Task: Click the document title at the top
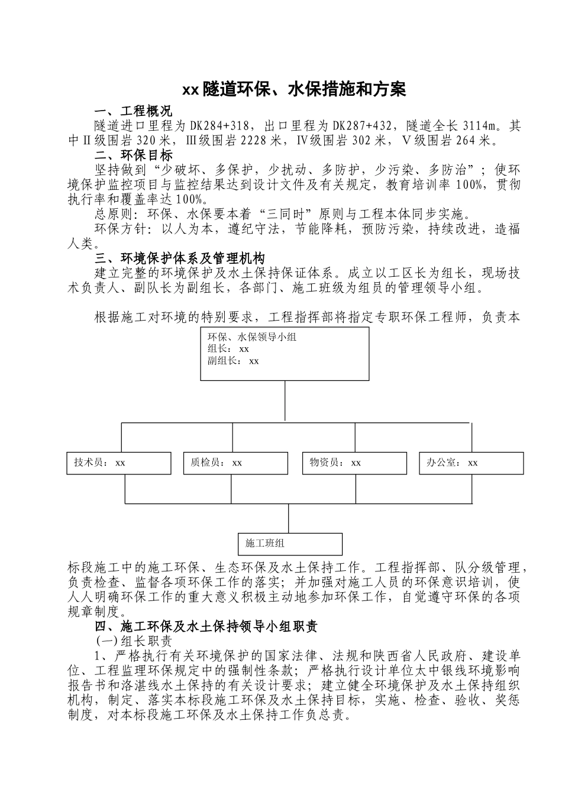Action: click(x=293, y=90)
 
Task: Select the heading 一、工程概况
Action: click(x=134, y=111)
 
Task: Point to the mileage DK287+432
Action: click(x=364, y=126)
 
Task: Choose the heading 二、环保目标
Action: click(x=134, y=156)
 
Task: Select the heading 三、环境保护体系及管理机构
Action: click(x=180, y=258)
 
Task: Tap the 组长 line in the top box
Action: click(x=228, y=349)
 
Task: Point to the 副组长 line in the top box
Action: click(x=233, y=361)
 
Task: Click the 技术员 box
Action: click(x=118, y=463)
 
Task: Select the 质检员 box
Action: click(x=235, y=463)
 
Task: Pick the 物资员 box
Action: click(x=354, y=463)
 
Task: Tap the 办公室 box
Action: click(x=471, y=463)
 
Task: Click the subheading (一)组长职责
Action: click(x=134, y=641)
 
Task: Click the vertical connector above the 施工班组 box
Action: click(x=288, y=518)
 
